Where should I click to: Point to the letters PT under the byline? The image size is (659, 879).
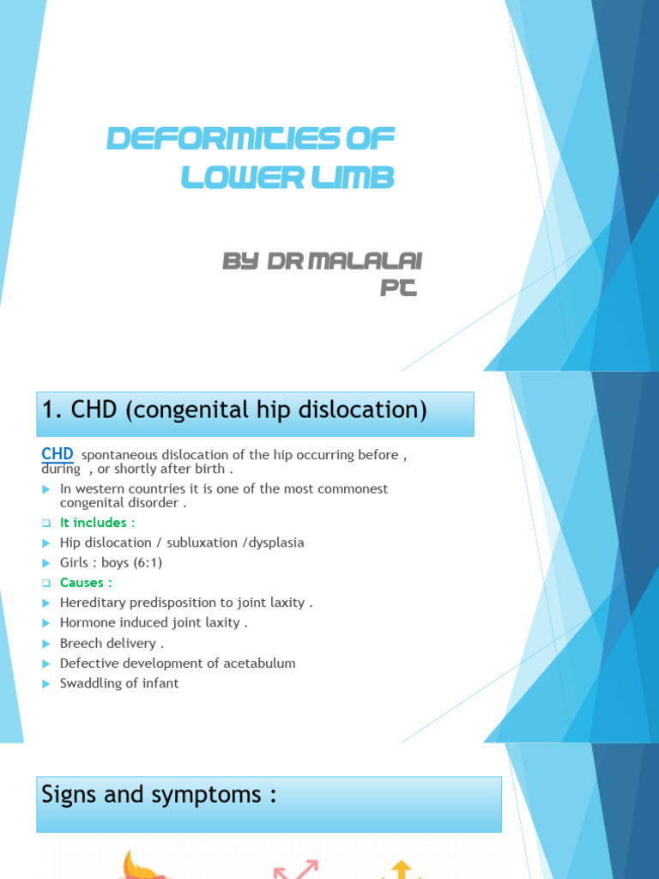(398, 289)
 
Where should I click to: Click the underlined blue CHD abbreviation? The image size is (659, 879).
(57, 454)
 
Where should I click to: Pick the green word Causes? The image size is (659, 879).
(82, 583)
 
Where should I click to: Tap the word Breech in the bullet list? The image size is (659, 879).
(82, 643)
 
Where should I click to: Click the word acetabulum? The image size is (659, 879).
(257, 664)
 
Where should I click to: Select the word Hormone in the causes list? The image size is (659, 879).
(88, 623)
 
